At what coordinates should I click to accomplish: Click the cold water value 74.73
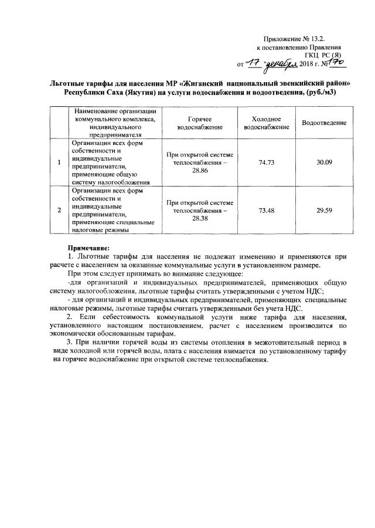pyautogui.click(x=267, y=162)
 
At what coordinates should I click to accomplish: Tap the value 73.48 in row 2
pyautogui.click(x=267, y=209)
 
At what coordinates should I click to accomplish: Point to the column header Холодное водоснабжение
pyautogui.click(x=267, y=122)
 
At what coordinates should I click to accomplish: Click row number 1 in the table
pyautogui.click(x=60, y=163)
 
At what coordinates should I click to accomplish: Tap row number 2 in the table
pyautogui.click(x=60, y=209)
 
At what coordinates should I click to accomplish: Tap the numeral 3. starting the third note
pyautogui.click(x=70, y=342)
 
